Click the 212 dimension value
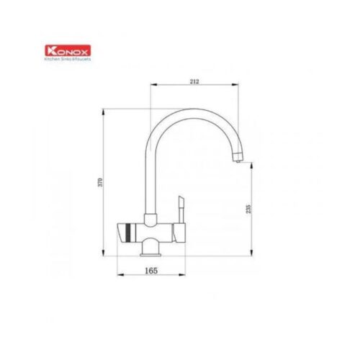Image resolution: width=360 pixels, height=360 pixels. [194, 81]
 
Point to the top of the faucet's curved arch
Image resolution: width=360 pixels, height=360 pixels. [191, 110]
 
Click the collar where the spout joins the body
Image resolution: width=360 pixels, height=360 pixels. [150, 218]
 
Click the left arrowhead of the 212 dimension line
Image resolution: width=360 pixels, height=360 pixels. [152, 86]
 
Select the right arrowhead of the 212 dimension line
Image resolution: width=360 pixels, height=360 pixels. [238, 86]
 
